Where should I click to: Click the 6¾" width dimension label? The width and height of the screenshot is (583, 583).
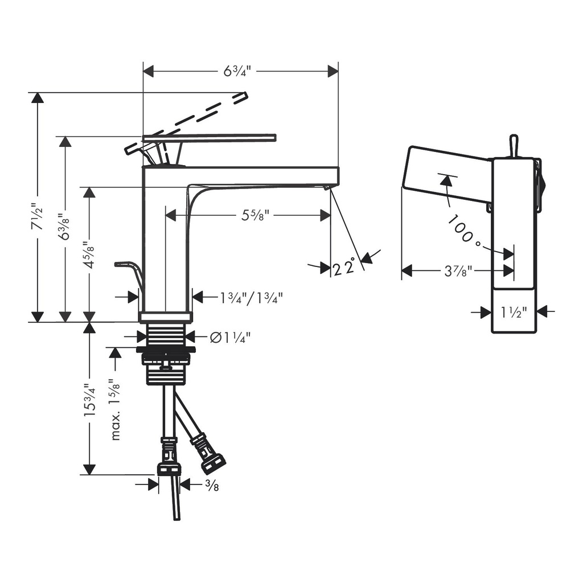237,71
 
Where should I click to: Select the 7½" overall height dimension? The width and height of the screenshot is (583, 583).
37,216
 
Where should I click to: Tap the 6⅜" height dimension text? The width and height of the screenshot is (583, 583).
65,226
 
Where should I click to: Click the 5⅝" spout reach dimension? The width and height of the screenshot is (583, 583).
255,215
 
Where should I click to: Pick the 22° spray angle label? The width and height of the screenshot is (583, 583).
343,267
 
